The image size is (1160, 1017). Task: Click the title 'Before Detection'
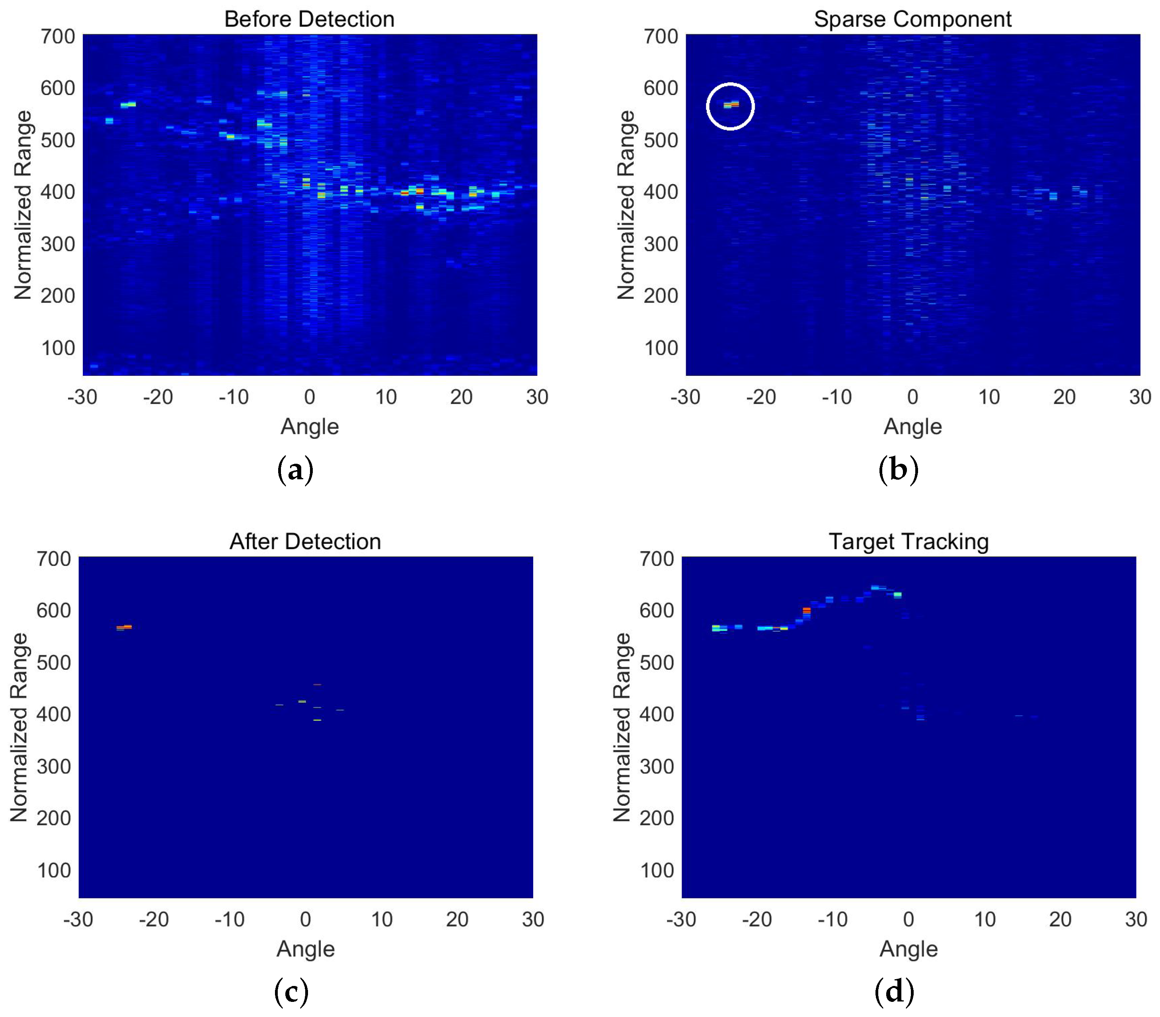(x=309, y=19)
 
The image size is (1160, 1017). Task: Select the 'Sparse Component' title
(x=912, y=19)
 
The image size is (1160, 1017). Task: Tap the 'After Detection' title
(x=305, y=542)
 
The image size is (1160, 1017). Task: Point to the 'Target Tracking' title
(x=909, y=542)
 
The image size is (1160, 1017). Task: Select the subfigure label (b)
(x=898, y=470)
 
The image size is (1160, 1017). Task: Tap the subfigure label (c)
(x=291, y=992)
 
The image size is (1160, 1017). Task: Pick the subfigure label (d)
(x=895, y=992)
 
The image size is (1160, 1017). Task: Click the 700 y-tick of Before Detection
(x=58, y=37)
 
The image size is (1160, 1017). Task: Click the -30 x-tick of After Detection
(x=78, y=919)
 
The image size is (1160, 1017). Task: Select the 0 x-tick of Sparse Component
(x=912, y=397)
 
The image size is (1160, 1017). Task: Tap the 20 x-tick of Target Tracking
(x=1060, y=919)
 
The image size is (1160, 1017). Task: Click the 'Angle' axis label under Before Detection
(x=309, y=426)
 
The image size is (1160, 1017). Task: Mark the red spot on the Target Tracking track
(x=807, y=610)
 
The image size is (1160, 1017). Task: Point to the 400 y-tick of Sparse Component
(x=661, y=192)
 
